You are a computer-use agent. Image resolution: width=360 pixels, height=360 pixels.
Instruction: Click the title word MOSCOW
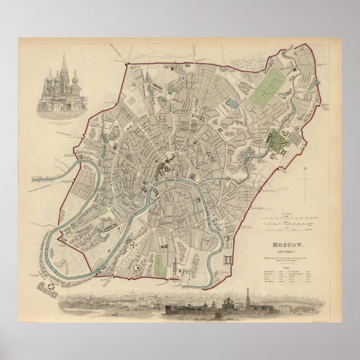[x=288, y=245]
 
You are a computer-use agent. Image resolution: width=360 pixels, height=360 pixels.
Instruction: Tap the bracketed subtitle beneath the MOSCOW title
[x=288, y=251]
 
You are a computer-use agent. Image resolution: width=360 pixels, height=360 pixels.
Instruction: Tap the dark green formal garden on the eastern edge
[x=277, y=141]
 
